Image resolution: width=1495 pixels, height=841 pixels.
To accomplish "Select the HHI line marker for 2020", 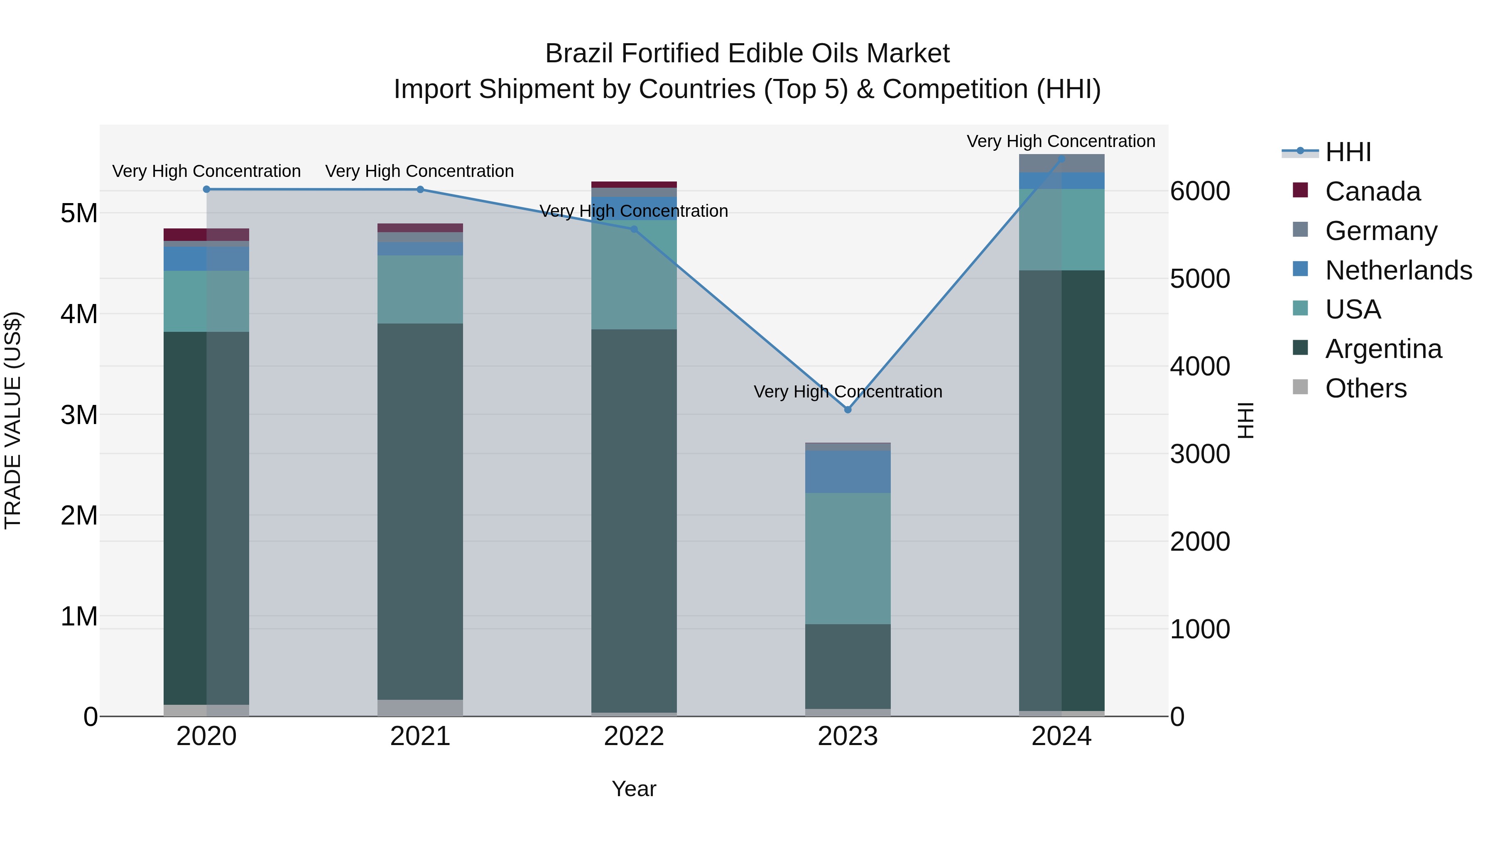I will (x=207, y=189).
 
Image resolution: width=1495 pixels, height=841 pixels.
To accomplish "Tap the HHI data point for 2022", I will (x=634, y=229).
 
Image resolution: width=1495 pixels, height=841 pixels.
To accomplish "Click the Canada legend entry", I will (x=1372, y=191).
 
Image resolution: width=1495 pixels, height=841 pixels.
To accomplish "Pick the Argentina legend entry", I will (x=1383, y=349).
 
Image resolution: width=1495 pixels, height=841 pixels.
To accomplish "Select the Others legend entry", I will (x=1365, y=388).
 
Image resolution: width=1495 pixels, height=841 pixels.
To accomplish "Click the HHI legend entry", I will (x=1348, y=152).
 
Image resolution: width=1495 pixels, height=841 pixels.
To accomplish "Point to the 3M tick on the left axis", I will (x=79, y=415).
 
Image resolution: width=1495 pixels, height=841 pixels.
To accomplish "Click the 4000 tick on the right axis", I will (x=1200, y=366).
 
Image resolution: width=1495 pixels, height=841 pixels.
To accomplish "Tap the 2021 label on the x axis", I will (x=420, y=736).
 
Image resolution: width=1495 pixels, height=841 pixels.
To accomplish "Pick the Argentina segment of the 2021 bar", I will (x=420, y=511).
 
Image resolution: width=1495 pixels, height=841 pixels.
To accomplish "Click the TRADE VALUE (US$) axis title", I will (x=13, y=420).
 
